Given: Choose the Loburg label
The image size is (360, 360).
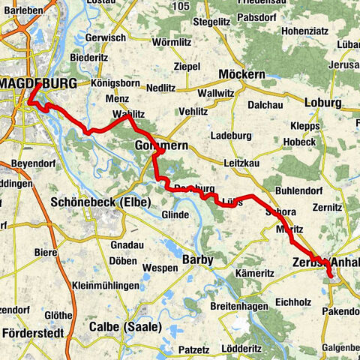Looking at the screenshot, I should (x=324, y=102).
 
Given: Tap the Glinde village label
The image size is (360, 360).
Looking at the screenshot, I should (x=174, y=215).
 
